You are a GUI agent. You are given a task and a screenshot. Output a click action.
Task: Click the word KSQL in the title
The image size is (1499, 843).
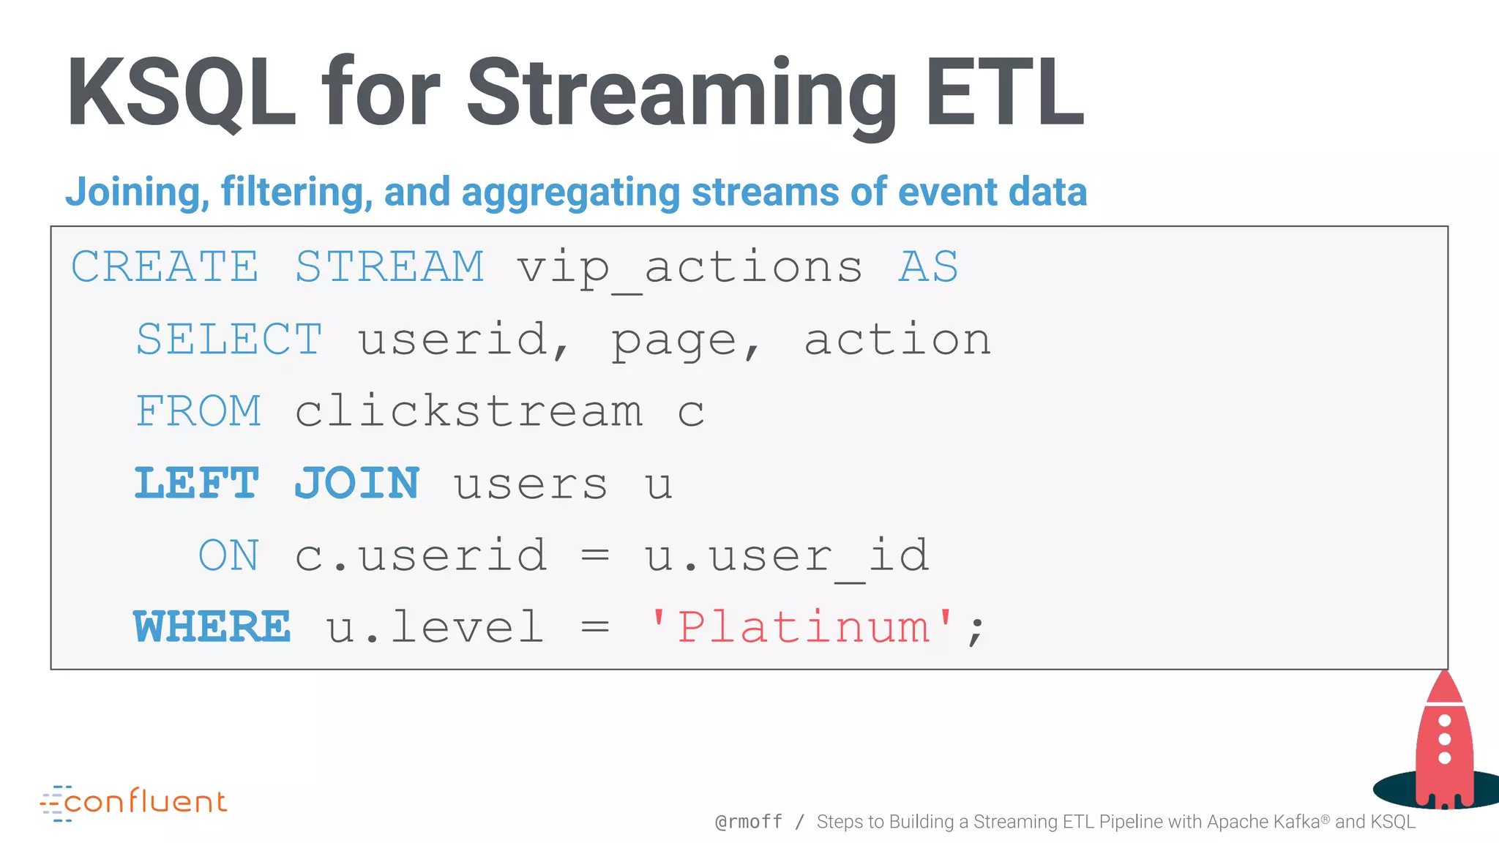(181, 94)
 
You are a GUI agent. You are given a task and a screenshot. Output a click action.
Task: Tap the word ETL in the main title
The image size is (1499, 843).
(1003, 94)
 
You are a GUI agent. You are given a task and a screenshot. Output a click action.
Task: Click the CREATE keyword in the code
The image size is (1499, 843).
(165, 266)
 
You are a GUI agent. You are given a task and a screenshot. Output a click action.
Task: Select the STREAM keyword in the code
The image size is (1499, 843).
(389, 266)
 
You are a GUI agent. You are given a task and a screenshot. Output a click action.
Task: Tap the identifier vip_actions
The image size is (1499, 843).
(689, 268)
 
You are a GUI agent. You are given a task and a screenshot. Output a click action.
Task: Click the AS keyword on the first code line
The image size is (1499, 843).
(928, 266)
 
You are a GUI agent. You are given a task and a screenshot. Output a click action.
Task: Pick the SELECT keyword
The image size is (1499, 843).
(229, 340)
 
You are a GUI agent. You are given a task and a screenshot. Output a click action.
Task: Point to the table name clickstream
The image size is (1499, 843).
(468, 411)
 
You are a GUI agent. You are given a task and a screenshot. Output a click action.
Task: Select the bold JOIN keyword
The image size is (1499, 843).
(356, 484)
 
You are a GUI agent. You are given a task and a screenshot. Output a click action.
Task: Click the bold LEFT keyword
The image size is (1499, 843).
(196, 484)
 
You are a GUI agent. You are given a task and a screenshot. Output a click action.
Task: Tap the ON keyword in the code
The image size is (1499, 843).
(228, 555)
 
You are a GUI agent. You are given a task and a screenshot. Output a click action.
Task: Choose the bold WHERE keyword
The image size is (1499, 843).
(212, 627)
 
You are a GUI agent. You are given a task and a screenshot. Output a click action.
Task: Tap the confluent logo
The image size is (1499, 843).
(134, 803)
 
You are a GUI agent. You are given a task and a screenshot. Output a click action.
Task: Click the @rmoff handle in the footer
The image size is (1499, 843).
(749, 823)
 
